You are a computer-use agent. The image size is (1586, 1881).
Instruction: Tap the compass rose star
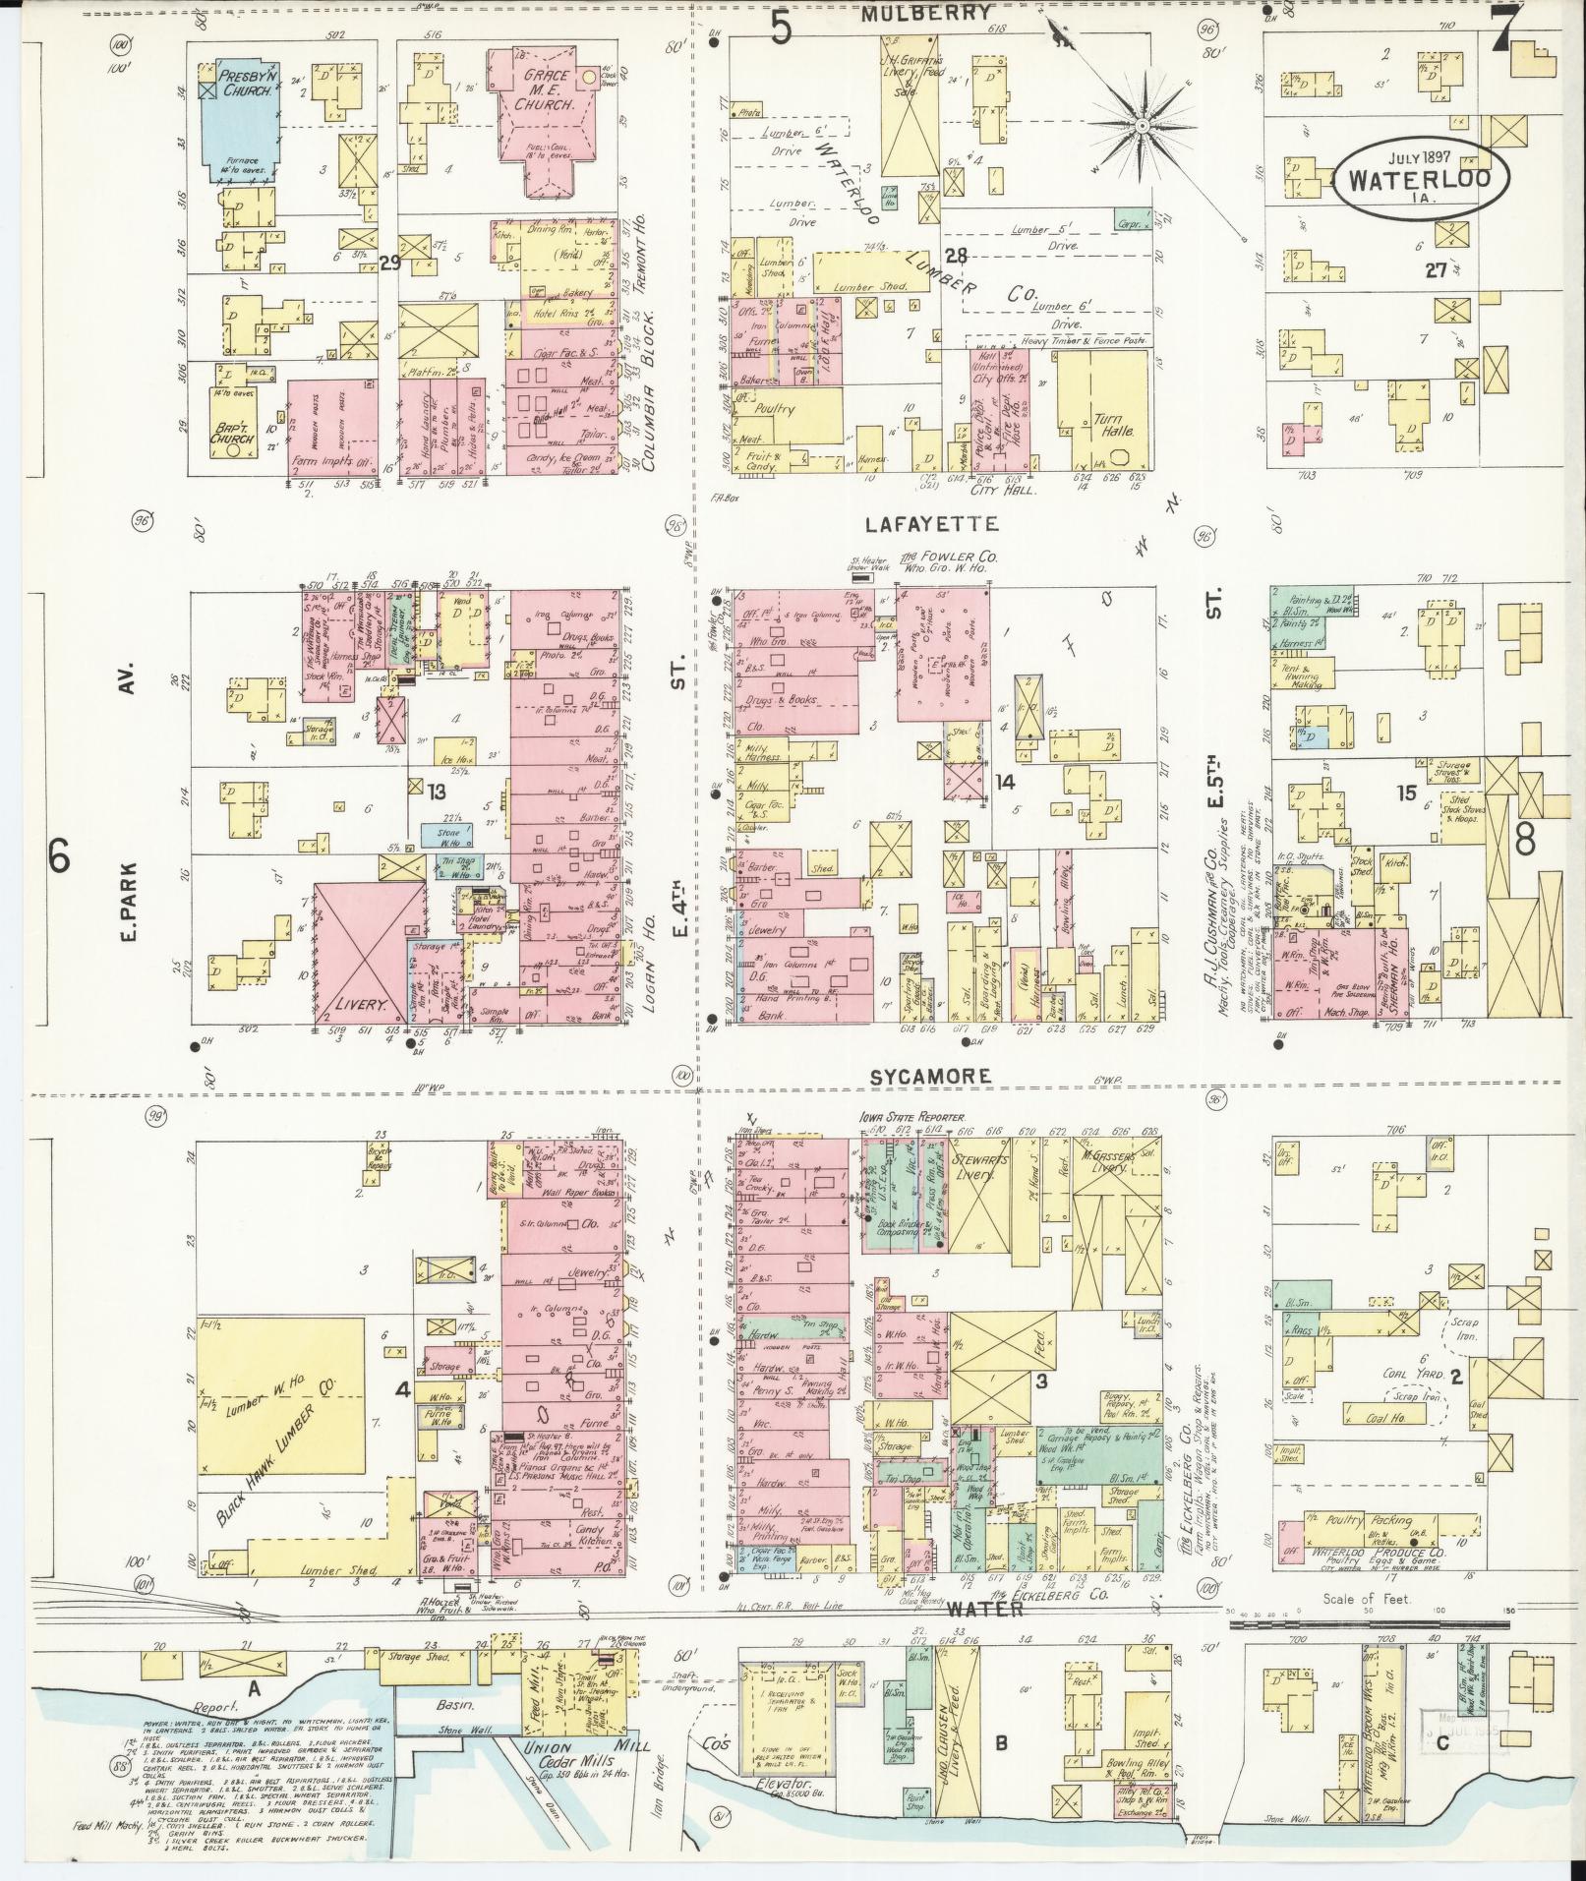(x=1143, y=126)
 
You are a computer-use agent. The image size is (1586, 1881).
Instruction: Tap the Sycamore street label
(x=928, y=1076)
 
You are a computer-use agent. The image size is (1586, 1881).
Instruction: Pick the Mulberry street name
(x=925, y=13)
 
